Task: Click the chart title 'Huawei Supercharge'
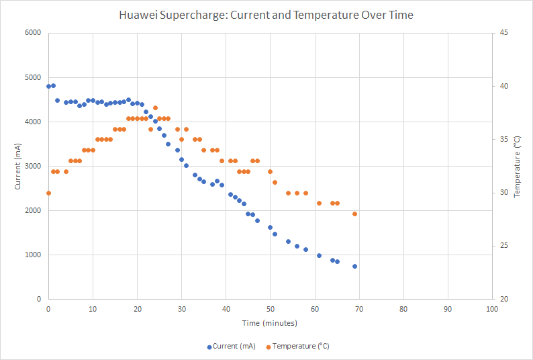tap(266, 14)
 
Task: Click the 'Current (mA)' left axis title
tap(17, 166)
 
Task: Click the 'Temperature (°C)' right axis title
tap(517, 166)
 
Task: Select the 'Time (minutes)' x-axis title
tap(269, 323)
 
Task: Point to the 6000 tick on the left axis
tap(32, 33)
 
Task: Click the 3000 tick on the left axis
tap(32, 166)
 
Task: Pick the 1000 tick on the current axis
tap(32, 255)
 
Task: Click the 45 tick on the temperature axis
tap(503, 33)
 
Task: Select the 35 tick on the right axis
tap(503, 139)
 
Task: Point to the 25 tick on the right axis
tap(503, 246)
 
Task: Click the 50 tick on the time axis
tap(270, 308)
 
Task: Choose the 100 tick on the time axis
tap(492, 308)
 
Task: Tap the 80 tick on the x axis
tap(403, 308)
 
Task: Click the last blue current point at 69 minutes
tap(354, 266)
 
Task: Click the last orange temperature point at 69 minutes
tap(354, 214)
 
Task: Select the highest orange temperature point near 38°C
tap(155, 107)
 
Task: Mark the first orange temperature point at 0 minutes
tap(48, 193)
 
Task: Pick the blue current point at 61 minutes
tap(319, 255)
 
